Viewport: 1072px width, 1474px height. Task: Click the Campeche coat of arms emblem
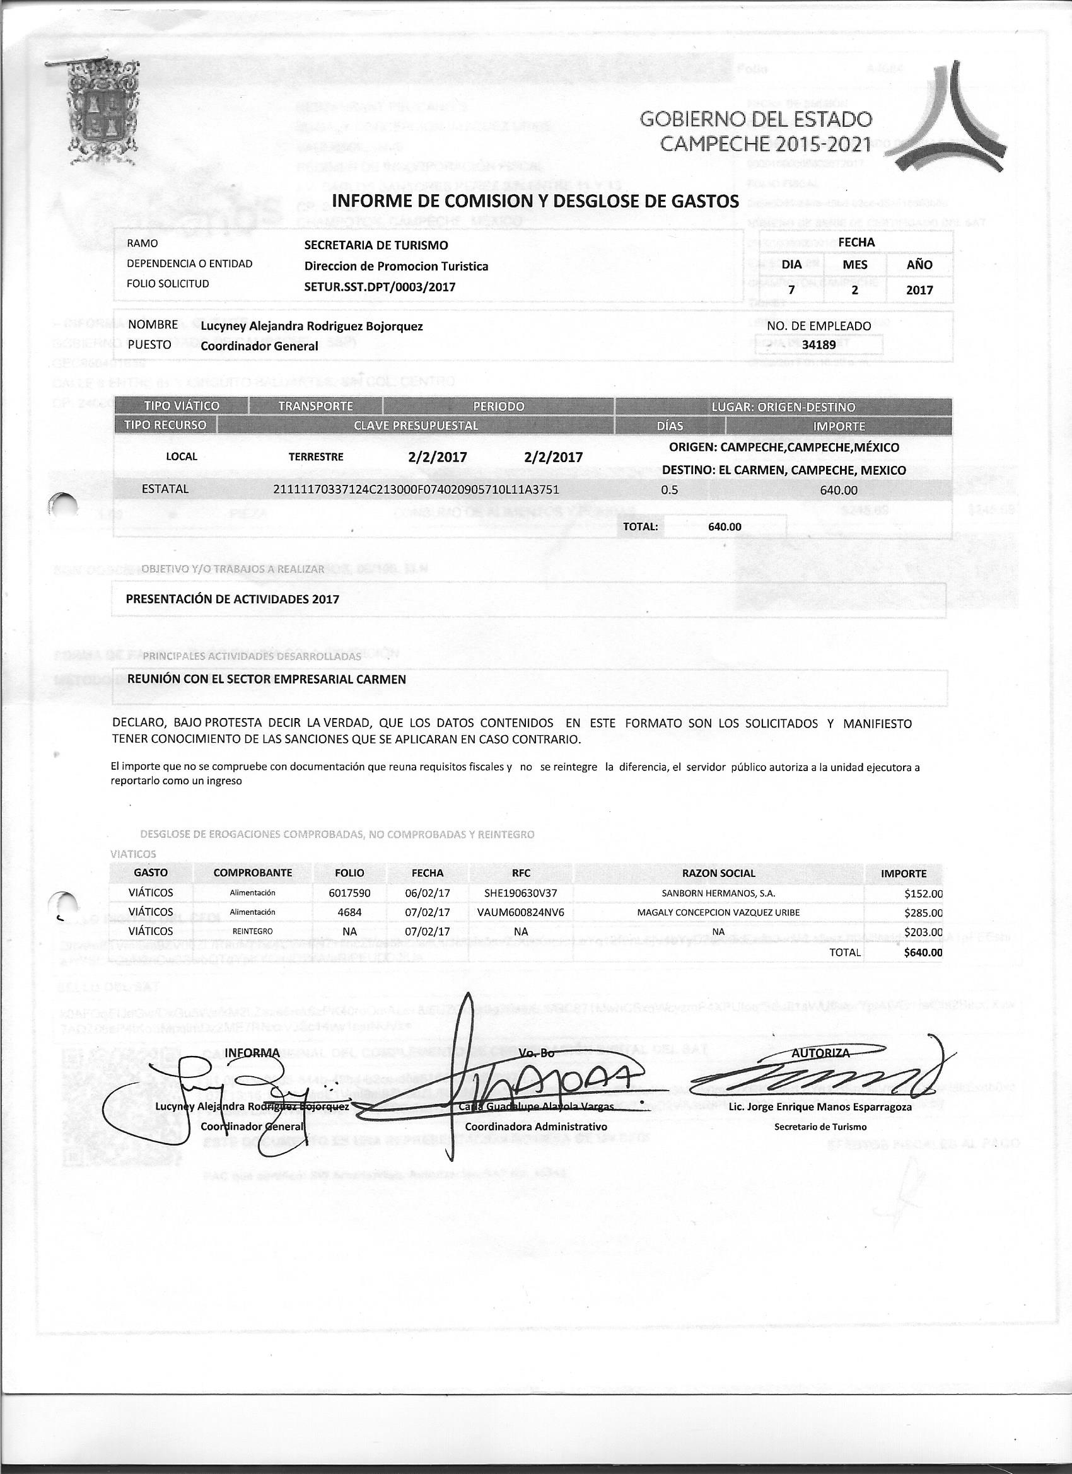coord(102,115)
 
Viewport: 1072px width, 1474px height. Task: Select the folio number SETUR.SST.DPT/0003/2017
coord(380,287)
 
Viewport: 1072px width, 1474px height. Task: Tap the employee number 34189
coord(819,344)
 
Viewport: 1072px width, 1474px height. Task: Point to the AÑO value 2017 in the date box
coord(919,290)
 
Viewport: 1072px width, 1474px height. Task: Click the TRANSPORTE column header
coord(315,406)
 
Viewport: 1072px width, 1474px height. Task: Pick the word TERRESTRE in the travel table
coord(316,457)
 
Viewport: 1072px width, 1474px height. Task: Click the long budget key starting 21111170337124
coord(416,489)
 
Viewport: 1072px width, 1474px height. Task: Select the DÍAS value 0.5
coord(669,490)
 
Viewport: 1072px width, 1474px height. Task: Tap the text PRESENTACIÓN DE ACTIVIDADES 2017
coord(232,598)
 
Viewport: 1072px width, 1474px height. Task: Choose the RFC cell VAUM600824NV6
coord(521,912)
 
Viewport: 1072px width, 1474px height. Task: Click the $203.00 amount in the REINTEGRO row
coord(923,932)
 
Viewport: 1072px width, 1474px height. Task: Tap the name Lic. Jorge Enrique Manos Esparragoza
coord(820,1107)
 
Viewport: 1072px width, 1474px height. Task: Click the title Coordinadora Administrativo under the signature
coord(537,1126)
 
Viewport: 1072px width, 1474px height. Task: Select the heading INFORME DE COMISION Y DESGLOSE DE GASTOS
coord(535,202)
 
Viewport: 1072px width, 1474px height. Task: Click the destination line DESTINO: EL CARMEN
coord(783,470)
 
